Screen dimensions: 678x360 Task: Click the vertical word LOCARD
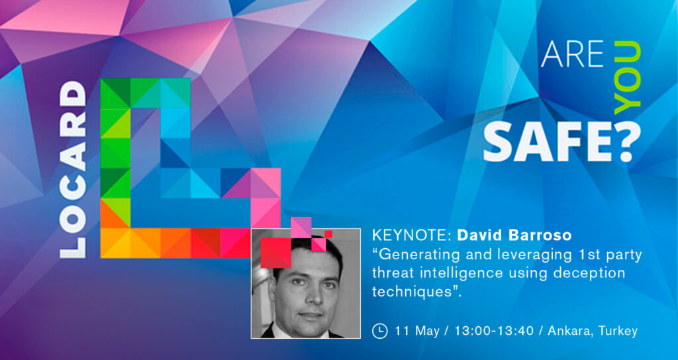[x=73, y=170]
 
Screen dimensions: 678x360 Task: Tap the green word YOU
[x=627, y=78]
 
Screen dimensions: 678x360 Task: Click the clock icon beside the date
[x=379, y=331]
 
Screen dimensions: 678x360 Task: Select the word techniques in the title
[x=411, y=292]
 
